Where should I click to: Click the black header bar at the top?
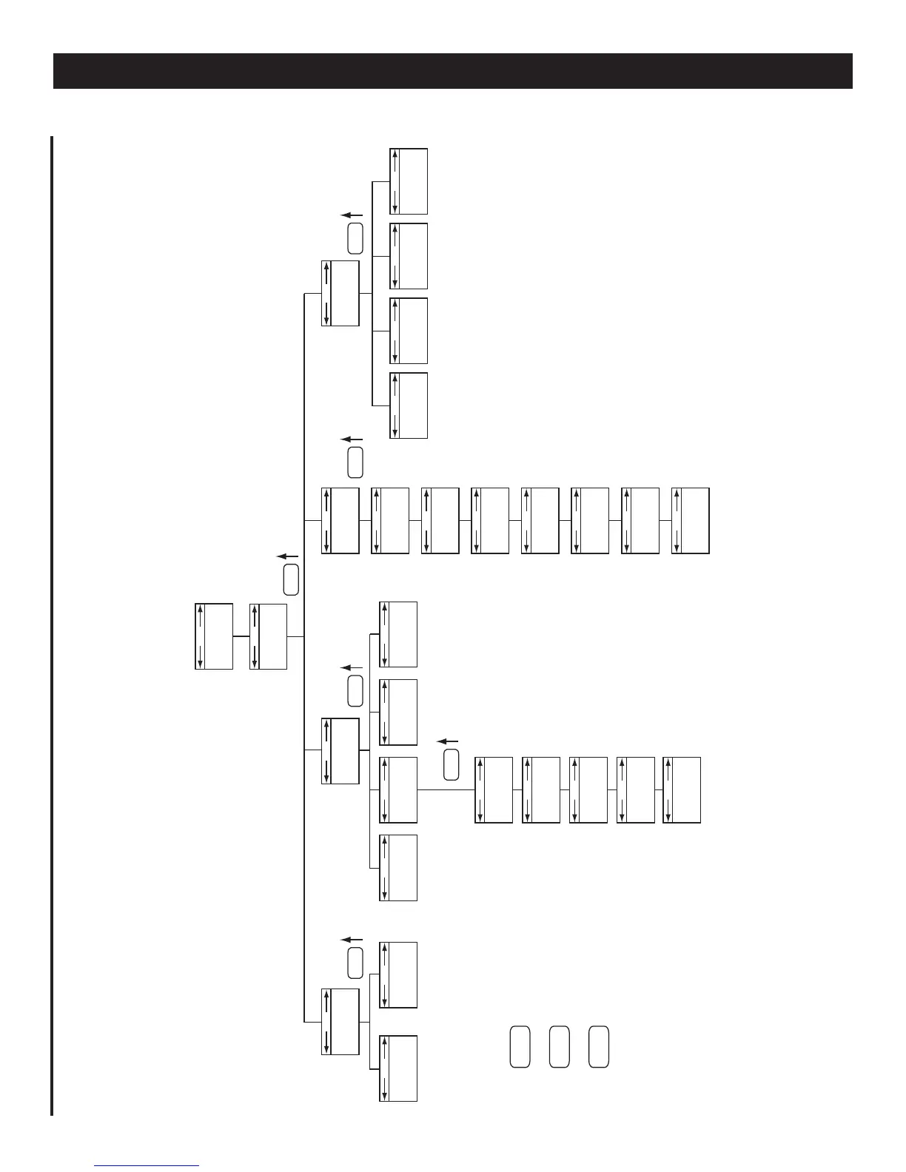pyautogui.click(x=452, y=71)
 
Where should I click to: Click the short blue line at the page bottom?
pyautogui.click(x=147, y=1166)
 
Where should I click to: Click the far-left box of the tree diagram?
pyautogui.click(x=214, y=636)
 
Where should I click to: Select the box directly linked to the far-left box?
pyautogui.click(x=269, y=636)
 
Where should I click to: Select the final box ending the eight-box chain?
pyautogui.click(x=691, y=520)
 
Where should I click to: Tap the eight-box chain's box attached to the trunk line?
pyautogui.click(x=340, y=520)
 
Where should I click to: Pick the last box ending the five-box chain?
pyautogui.click(x=682, y=790)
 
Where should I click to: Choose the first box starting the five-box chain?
pyautogui.click(x=493, y=790)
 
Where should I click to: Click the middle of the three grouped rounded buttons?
pyautogui.click(x=560, y=1046)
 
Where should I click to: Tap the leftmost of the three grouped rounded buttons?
pyautogui.click(x=520, y=1046)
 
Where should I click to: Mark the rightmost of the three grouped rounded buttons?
pyautogui.click(x=599, y=1046)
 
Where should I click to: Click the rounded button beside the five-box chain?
pyautogui.click(x=451, y=764)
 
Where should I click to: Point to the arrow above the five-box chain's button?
pyautogui.click(x=448, y=741)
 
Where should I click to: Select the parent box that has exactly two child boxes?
pyautogui.click(x=340, y=1021)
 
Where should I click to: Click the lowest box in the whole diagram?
pyautogui.click(x=398, y=1068)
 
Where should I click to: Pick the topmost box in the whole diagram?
pyautogui.click(x=409, y=181)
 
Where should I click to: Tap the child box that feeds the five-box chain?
pyautogui.click(x=398, y=790)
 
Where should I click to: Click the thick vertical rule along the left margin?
pyautogui.click(x=52, y=625)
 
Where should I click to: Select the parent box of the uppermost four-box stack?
pyautogui.click(x=340, y=293)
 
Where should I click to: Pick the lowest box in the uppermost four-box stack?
pyautogui.click(x=409, y=405)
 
